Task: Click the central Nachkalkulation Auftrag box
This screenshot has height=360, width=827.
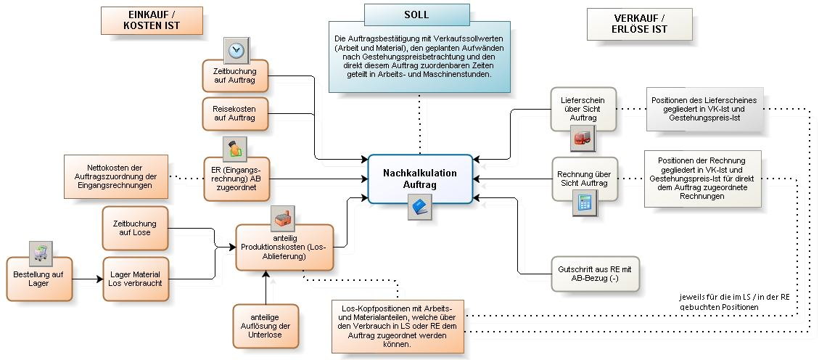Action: click(x=420, y=179)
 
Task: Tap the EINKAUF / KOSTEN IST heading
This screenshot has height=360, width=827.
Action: click(x=151, y=20)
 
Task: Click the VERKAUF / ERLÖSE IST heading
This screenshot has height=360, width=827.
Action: click(x=639, y=24)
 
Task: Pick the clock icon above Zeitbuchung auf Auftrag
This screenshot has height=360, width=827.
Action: click(x=236, y=50)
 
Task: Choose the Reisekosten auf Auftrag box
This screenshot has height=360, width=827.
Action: click(x=235, y=112)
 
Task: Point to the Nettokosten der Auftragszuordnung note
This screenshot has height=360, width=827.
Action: click(x=116, y=176)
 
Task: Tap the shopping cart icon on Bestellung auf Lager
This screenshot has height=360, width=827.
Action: click(x=40, y=253)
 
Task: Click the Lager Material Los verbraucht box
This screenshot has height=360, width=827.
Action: click(x=136, y=279)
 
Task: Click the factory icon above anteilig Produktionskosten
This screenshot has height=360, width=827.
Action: click(x=283, y=216)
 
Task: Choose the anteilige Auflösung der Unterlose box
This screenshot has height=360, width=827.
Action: click(x=266, y=326)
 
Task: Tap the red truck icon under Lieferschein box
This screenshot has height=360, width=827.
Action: click(x=583, y=139)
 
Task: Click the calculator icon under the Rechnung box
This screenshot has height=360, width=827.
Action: click(x=583, y=204)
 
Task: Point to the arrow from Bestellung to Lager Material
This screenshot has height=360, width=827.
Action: click(x=88, y=279)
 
